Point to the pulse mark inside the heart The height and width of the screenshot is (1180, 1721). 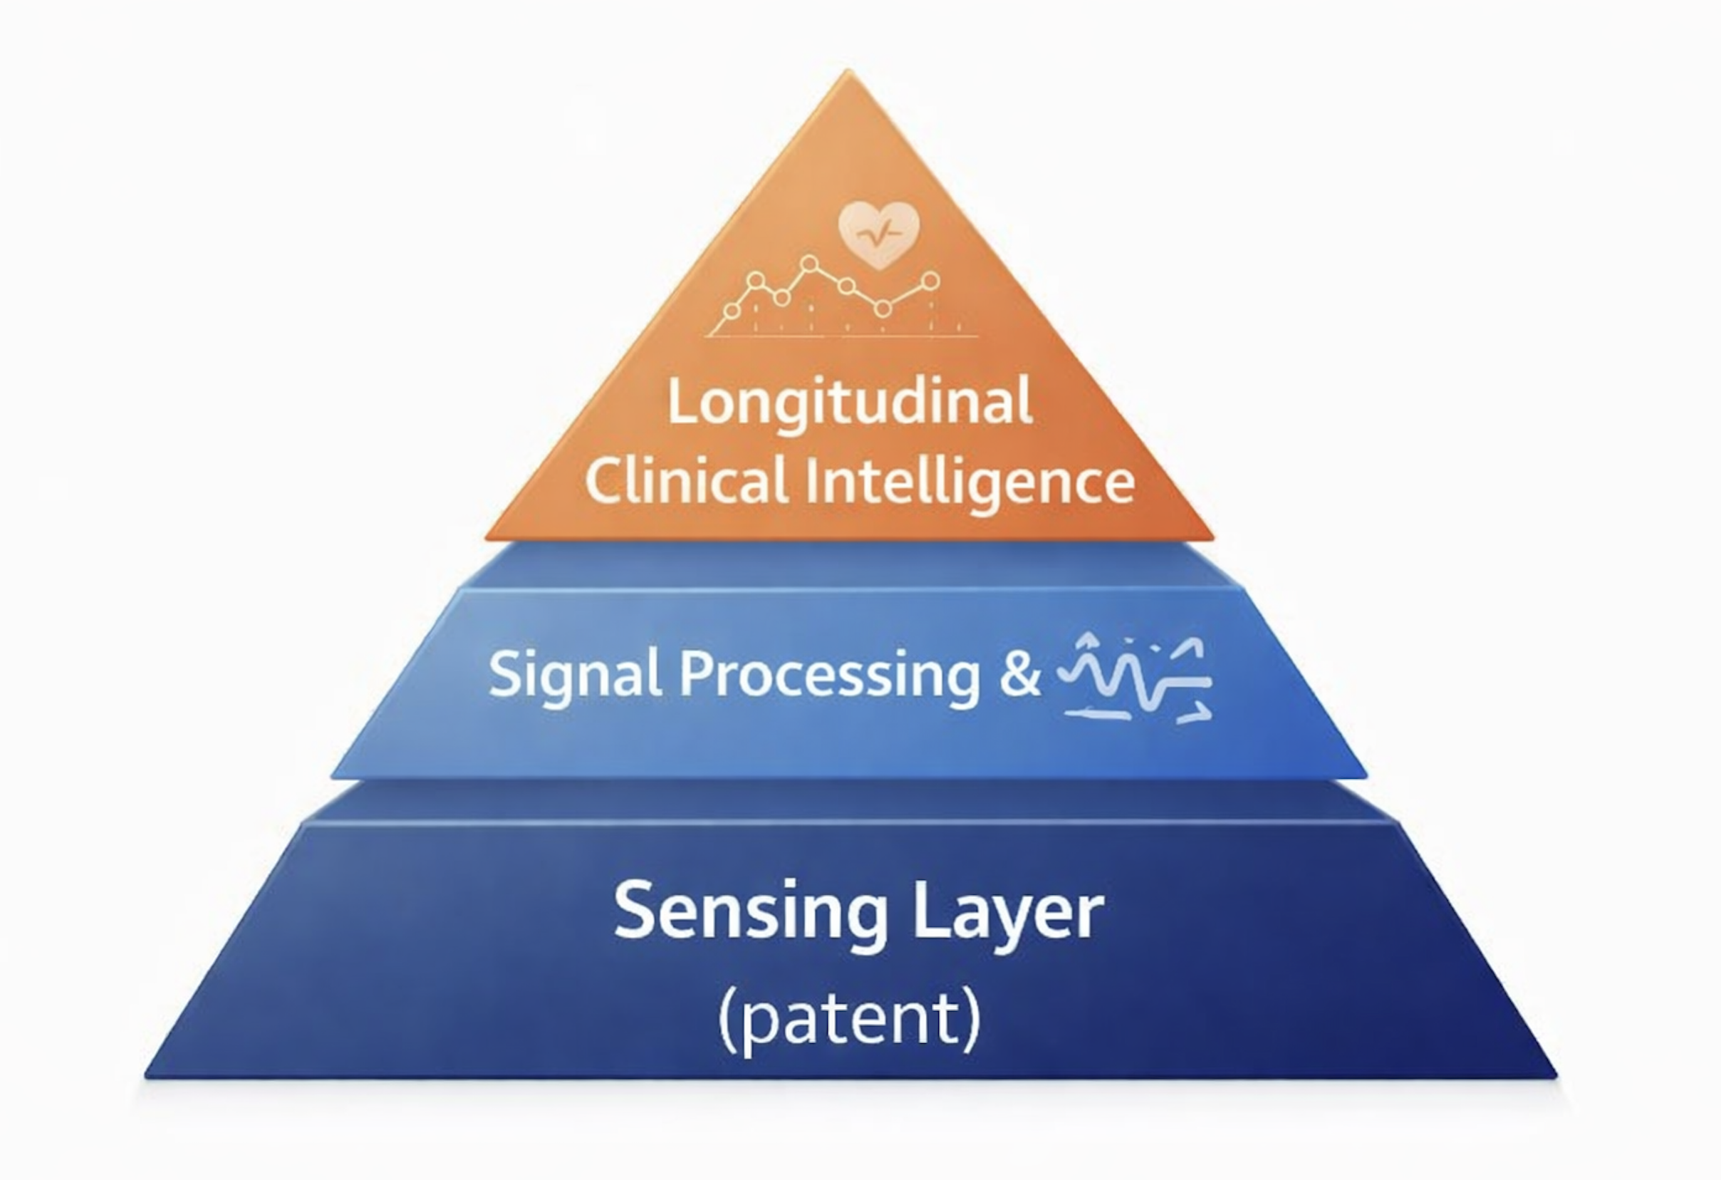pos(878,235)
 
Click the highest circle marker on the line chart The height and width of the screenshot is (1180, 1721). pos(810,263)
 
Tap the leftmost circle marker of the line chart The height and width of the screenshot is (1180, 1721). pos(732,311)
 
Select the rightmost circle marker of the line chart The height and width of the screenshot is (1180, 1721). pos(931,281)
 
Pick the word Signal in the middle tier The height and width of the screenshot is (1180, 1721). pos(575,675)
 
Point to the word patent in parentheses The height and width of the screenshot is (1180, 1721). pos(849,1018)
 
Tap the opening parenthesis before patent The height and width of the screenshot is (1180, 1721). pos(727,1019)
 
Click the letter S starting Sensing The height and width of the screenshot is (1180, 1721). pos(636,910)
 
